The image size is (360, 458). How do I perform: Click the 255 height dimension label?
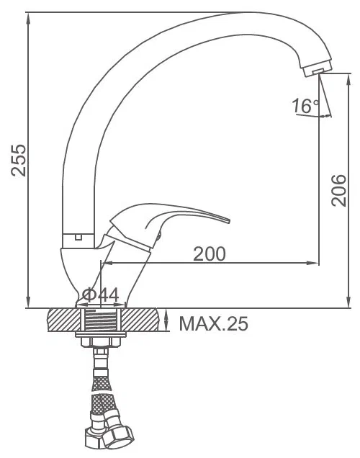(19, 160)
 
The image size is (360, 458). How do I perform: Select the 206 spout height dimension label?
(338, 190)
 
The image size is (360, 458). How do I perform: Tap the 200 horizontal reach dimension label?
(210, 253)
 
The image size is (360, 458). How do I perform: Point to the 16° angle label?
(305, 105)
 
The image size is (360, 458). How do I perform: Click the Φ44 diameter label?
(101, 295)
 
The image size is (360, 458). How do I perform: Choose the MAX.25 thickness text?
(213, 323)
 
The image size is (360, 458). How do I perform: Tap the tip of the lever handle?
(228, 220)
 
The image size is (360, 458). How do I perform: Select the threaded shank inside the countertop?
(101, 320)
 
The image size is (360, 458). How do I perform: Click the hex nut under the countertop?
(101, 342)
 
